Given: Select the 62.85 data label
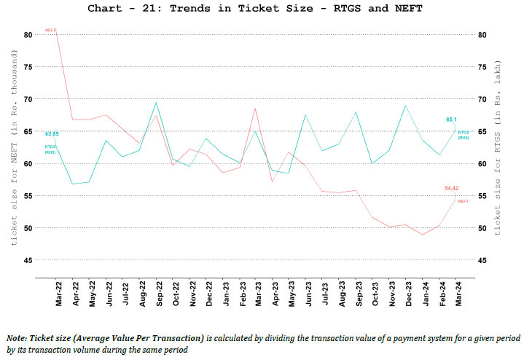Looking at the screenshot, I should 52,135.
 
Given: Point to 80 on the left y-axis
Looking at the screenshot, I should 27,34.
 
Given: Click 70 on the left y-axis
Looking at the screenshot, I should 27,99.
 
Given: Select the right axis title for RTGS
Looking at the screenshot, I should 498,146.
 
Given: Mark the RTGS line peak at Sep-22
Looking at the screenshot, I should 157,102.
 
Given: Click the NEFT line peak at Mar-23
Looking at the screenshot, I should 255,108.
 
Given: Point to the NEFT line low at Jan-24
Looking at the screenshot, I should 423,235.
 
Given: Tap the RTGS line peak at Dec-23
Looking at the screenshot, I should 405,106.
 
